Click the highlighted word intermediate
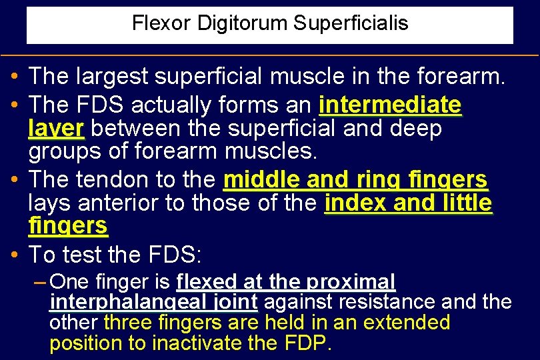coord(390,105)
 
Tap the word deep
coord(419,129)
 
